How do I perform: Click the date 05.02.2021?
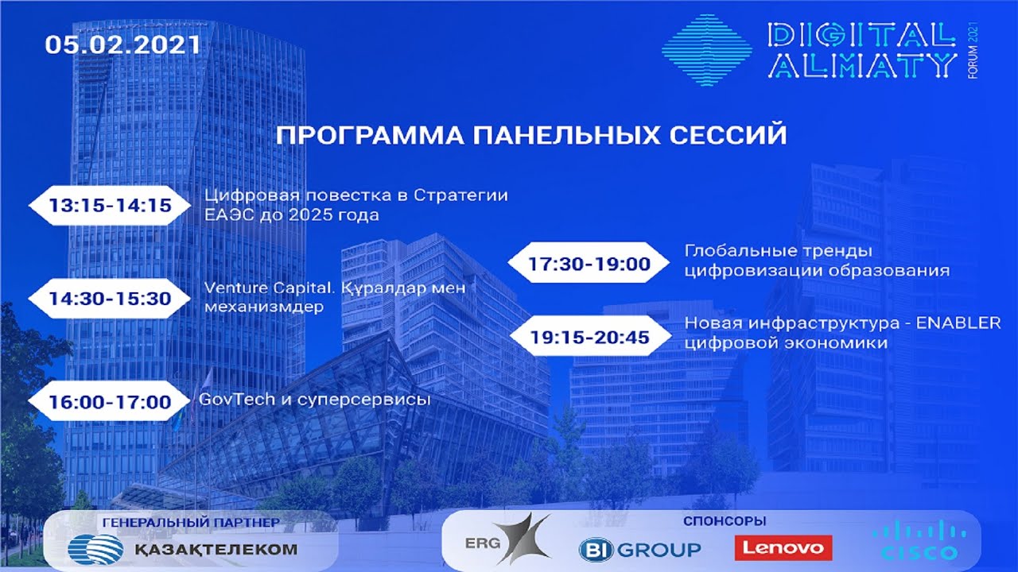pos(122,45)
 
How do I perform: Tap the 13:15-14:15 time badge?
pos(110,205)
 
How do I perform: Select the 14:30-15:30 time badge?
pos(110,299)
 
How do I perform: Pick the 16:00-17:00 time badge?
pos(110,402)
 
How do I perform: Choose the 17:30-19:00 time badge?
pos(589,263)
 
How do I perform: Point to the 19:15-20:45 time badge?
pos(590,338)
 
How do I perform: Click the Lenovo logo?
pos(783,548)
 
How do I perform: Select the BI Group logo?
pos(640,550)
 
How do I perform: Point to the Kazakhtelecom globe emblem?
pos(95,550)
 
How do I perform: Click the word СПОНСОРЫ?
pos(725,521)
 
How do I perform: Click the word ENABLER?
pos(958,323)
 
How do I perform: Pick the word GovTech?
pos(237,400)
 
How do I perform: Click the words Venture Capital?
pos(269,288)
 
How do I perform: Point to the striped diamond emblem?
pos(707,50)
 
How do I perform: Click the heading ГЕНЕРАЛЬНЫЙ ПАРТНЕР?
pos(191,523)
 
